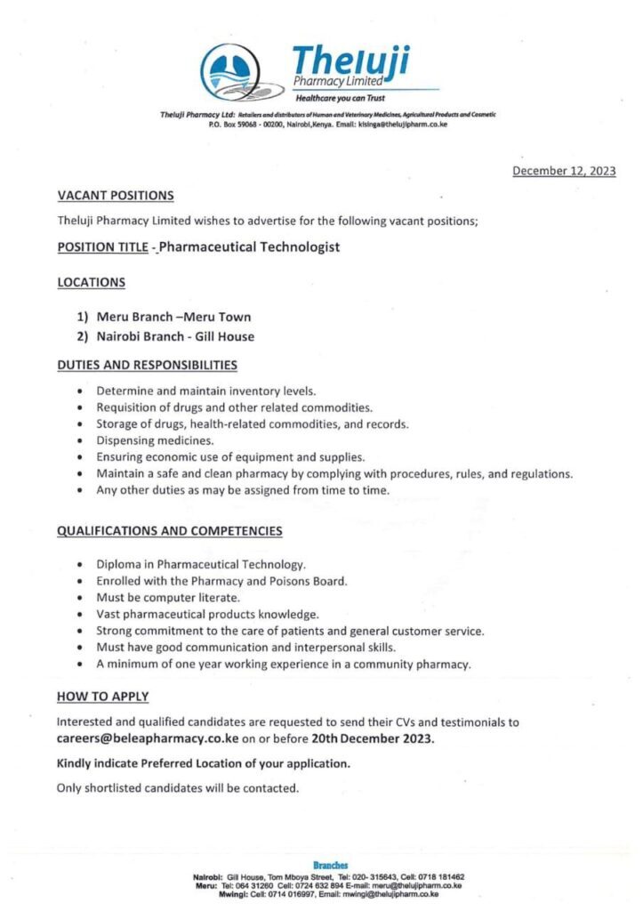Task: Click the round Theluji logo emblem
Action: point(233,72)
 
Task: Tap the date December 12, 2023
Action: point(564,172)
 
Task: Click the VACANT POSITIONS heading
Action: point(116,195)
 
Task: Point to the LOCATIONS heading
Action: point(91,282)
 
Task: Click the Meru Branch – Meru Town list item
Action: point(173,317)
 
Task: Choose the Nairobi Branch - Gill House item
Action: point(175,336)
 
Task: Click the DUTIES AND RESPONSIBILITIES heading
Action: point(147,365)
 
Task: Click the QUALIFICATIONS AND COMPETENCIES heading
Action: point(170,531)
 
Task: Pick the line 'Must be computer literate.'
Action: point(156,598)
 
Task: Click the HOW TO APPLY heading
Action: point(102,696)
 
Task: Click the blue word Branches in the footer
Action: point(331,865)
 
